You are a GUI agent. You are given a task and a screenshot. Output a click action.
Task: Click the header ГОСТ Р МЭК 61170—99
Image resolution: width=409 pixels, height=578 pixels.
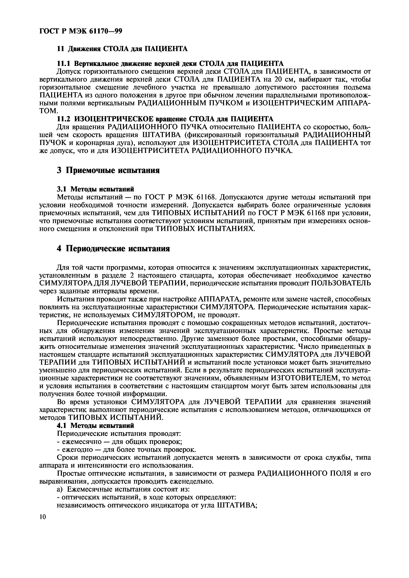(x=81, y=31)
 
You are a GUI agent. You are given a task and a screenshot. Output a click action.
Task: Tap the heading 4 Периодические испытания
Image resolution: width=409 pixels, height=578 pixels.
(x=113, y=249)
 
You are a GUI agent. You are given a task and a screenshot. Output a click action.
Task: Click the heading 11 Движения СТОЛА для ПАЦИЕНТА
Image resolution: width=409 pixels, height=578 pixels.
(x=122, y=49)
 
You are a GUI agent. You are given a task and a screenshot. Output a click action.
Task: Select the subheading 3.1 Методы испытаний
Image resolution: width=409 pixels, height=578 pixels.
(x=96, y=189)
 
